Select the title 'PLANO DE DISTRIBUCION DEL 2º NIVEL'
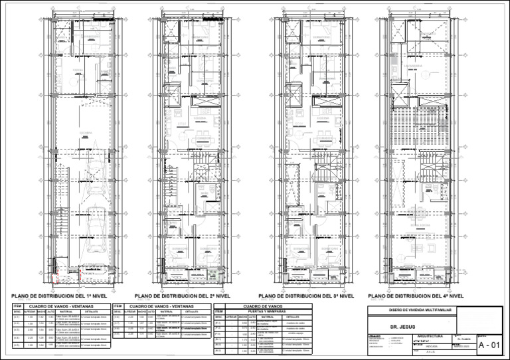[185, 296]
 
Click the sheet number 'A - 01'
[493, 345]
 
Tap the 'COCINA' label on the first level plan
[78, 70]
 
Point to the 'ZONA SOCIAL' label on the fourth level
[422, 226]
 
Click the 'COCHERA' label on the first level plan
[85, 134]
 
